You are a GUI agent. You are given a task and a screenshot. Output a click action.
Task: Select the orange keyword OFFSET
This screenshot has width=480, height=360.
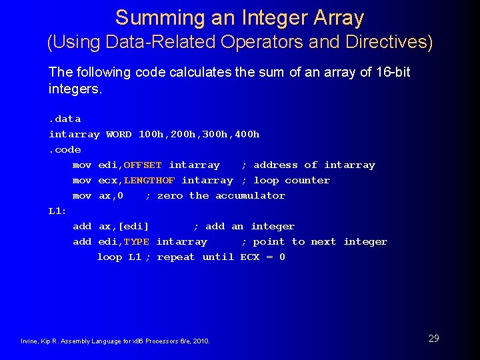pos(143,165)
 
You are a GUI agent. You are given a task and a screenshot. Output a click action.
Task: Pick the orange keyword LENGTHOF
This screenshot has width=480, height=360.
pos(149,180)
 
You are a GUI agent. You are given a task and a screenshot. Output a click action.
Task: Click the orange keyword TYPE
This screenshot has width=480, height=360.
pos(137,241)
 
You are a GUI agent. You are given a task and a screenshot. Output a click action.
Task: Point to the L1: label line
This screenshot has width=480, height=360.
pos(57,211)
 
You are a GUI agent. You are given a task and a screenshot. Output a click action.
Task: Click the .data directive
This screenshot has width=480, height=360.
pos(65,119)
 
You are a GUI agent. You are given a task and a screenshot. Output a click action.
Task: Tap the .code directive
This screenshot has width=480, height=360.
pos(65,149)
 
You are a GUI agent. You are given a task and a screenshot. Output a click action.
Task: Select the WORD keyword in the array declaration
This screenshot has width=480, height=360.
pos(119,134)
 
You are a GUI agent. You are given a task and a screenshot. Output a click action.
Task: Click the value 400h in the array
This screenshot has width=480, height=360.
pos(247,134)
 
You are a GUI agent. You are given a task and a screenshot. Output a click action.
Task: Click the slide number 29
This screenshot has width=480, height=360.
pos(433,339)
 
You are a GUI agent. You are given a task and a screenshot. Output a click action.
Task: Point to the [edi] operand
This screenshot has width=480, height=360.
pos(133,226)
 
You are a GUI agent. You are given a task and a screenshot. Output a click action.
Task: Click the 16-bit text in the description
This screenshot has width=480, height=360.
pos(393,72)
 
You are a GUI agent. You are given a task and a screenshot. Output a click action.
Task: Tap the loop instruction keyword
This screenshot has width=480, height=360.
pos(109,257)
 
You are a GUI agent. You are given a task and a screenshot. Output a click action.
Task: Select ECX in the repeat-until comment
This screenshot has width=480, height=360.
pos(250,257)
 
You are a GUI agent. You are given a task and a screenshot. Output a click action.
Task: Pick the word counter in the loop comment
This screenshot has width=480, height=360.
pos(307,180)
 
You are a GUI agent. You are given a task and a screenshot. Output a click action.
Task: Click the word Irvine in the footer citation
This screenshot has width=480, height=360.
pos(29,341)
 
